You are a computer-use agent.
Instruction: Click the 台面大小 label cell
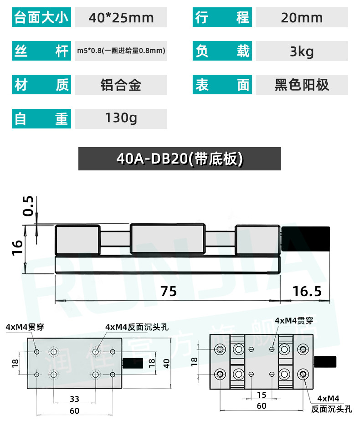coord(41,17)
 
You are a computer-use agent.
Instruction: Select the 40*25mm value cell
coord(121,17)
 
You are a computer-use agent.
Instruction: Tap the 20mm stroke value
coord(302,17)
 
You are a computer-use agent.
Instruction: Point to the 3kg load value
coord(302,51)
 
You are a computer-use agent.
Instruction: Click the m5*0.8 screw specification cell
coord(121,51)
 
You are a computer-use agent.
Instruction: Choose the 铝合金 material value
coord(121,84)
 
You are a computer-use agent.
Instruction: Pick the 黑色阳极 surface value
coord(302,84)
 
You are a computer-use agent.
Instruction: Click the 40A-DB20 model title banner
coord(180,159)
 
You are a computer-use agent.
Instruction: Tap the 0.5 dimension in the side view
coord(28,206)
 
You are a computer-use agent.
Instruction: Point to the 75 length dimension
coord(169,291)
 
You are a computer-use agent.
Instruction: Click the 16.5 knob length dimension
coord(307,291)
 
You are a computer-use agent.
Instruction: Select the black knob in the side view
coord(306,239)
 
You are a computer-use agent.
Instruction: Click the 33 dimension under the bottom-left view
coord(74,399)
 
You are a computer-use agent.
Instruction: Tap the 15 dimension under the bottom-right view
coord(262,395)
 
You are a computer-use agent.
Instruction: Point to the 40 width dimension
coord(166,363)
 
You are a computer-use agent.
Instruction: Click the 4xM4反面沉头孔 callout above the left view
coord(137,327)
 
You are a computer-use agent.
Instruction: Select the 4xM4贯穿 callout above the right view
coord(294,321)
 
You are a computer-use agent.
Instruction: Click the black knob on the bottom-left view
coord(133,363)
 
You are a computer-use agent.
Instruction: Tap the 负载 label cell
coord(222,51)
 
